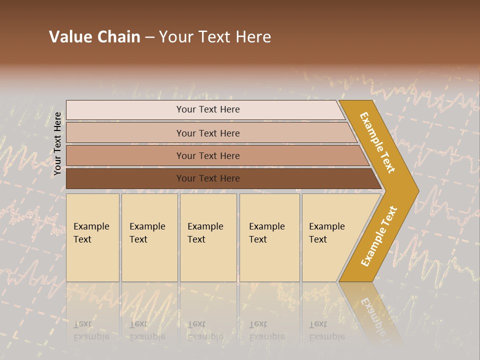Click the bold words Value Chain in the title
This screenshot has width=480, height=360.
(x=94, y=37)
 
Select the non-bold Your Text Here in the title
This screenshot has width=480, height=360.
(x=215, y=37)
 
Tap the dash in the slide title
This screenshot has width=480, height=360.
(x=149, y=37)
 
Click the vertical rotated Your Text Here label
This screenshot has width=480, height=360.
(x=57, y=143)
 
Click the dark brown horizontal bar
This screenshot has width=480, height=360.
(x=125, y=178)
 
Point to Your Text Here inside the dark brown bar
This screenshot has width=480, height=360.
(x=208, y=178)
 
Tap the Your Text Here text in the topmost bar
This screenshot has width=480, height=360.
(x=208, y=109)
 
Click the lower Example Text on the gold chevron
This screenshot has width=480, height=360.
(x=379, y=236)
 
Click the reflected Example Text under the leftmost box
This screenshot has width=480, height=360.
(x=91, y=330)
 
